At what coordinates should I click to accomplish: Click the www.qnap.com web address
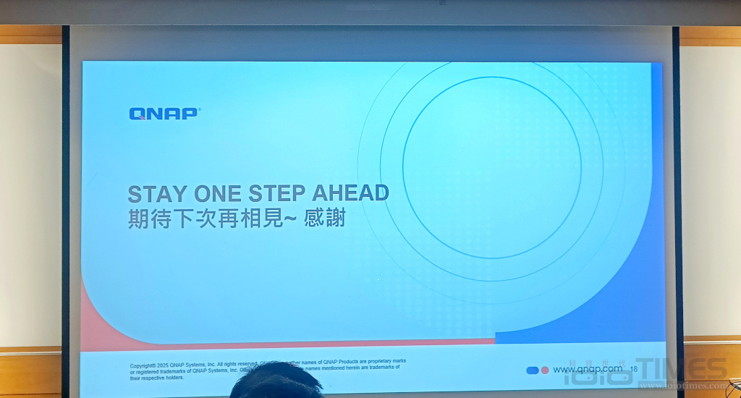[587, 370]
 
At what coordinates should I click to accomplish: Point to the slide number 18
[634, 370]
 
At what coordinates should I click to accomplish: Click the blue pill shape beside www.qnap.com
[533, 371]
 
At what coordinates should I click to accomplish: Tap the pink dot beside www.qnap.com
[545, 371]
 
